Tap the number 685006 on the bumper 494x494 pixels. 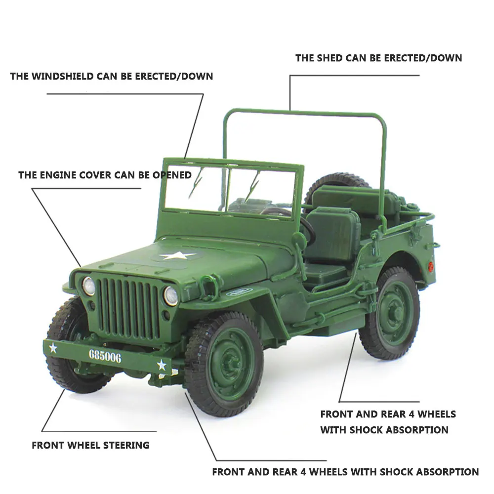point(105,356)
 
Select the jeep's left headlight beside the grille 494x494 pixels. point(88,286)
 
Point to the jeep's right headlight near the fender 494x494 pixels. point(170,295)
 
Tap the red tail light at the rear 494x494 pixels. point(431,267)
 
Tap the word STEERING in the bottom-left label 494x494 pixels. point(127,445)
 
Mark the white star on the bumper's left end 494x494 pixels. point(53,348)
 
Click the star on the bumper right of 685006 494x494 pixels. point(162,365)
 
